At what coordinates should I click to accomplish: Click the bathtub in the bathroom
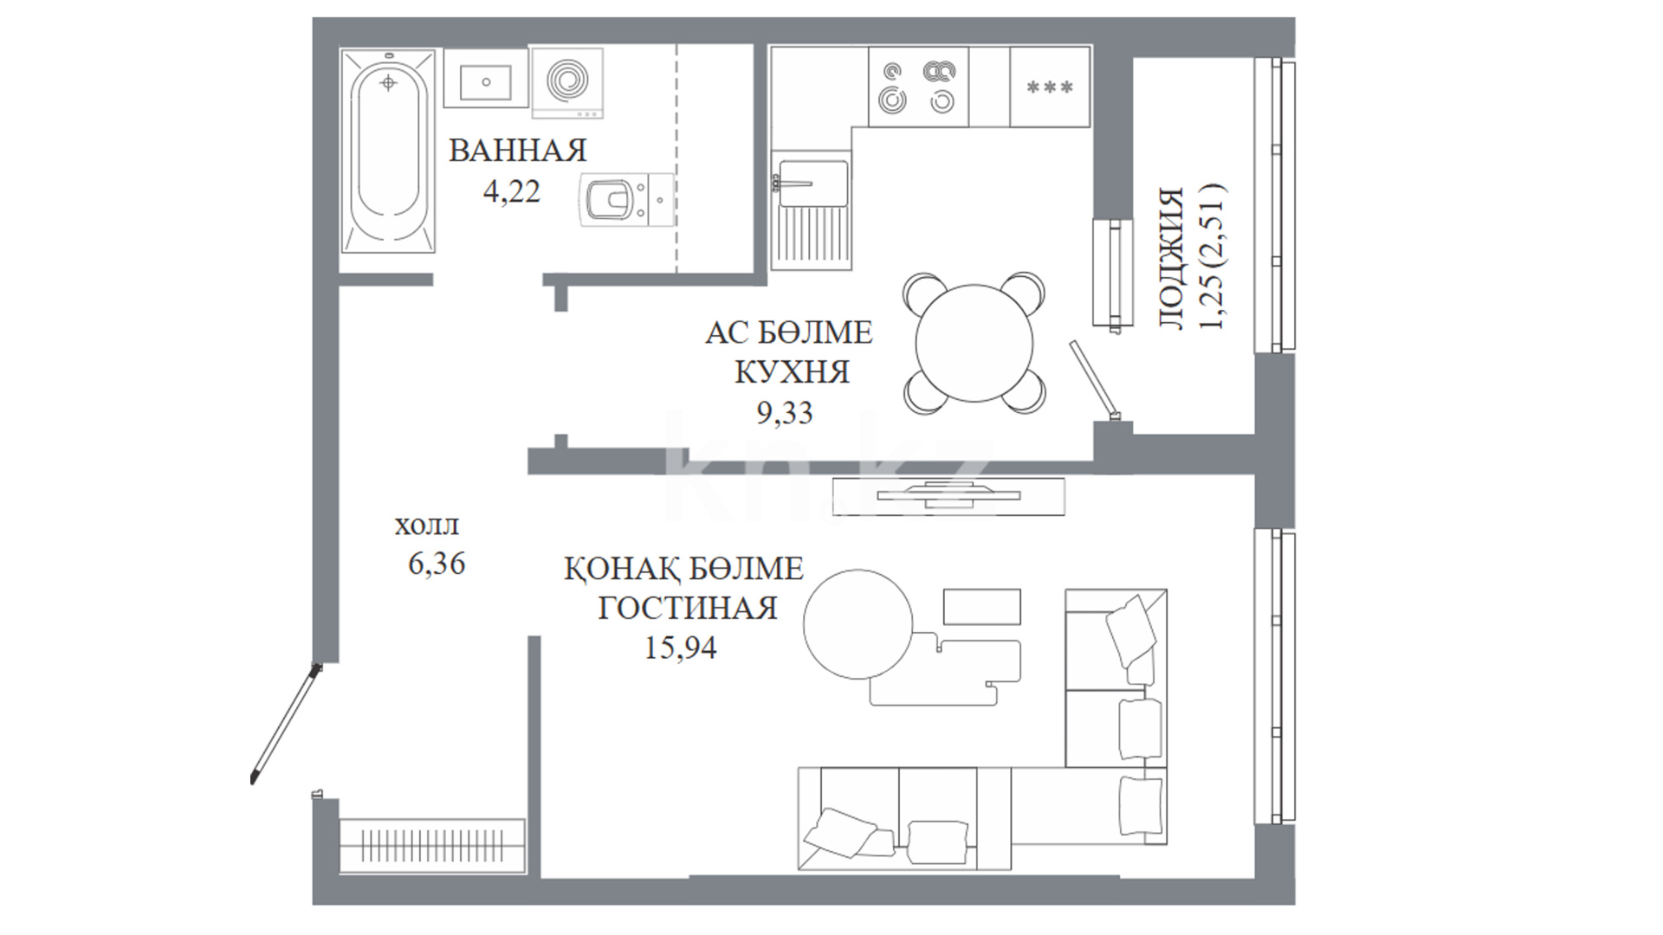389,151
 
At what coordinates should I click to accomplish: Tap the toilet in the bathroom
627,200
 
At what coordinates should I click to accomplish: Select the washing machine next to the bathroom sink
567,82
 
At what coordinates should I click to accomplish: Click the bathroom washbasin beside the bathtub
485,78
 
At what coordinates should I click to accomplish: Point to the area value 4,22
512,191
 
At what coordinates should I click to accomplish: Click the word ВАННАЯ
518,151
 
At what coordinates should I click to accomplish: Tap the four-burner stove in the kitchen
918,87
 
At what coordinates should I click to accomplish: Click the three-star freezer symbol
1049,87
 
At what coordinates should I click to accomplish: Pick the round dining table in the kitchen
974,343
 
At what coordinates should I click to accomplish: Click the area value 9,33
785,413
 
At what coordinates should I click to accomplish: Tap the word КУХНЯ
792,372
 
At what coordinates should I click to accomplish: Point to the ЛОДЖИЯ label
1171,258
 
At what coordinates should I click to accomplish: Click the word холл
427,526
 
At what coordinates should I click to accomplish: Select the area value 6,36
437,564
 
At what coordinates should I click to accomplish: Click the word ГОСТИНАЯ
688,608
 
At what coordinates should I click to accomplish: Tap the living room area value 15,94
681,648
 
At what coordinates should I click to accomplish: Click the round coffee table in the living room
857,624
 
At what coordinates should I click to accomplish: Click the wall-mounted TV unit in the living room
948,496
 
